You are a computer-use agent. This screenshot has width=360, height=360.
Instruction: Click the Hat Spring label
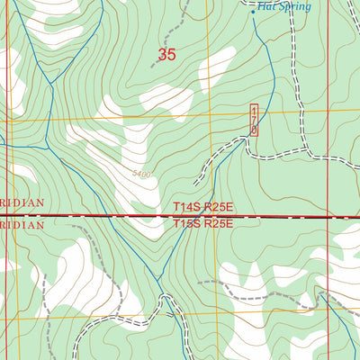pos(283,6)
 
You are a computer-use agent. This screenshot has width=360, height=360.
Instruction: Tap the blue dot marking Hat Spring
pos(252,12)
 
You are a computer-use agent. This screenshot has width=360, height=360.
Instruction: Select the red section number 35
pos(166,55)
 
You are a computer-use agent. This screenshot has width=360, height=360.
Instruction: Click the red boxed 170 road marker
pos(254,120)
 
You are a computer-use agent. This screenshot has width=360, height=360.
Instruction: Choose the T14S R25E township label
pos(203,207)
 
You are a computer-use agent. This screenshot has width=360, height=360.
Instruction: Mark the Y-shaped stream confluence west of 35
pos(51,84)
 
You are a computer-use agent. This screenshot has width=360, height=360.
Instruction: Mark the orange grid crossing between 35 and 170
pos(208,115)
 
